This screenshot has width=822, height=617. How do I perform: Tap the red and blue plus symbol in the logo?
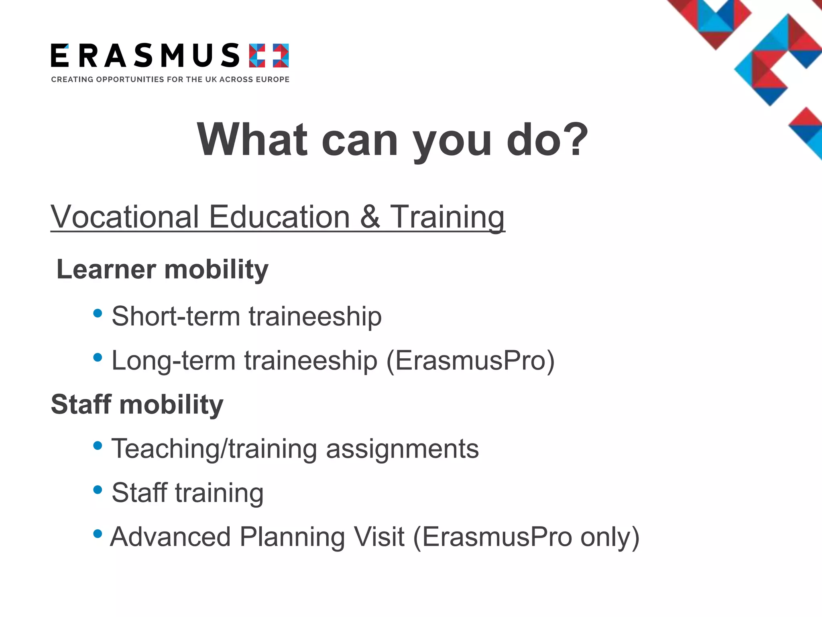point(269,55)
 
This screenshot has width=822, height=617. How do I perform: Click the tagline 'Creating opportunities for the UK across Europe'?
point(170,80)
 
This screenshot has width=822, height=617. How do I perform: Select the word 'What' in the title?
point(252,139)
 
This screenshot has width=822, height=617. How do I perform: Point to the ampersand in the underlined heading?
point(370,217)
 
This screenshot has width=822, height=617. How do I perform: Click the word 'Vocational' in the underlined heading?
point(125,217)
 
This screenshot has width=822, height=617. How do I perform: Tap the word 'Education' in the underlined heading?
point(280,217)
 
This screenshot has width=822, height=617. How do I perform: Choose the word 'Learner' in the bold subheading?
point(106,269)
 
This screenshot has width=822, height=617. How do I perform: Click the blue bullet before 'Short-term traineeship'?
point(98,313)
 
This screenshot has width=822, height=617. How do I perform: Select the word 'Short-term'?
point(176,317)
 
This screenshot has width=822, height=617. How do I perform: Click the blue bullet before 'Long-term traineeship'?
point(98,357)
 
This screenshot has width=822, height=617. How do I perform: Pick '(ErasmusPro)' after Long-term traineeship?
point(470,361)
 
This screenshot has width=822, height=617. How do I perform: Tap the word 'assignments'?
point(403,449)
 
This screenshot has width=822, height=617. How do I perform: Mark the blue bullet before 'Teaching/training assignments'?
point(98,445)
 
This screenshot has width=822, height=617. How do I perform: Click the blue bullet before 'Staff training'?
point(98,490)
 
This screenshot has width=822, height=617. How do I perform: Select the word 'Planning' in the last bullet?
point(292,537)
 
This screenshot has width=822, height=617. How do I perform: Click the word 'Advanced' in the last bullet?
point(171,537)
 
